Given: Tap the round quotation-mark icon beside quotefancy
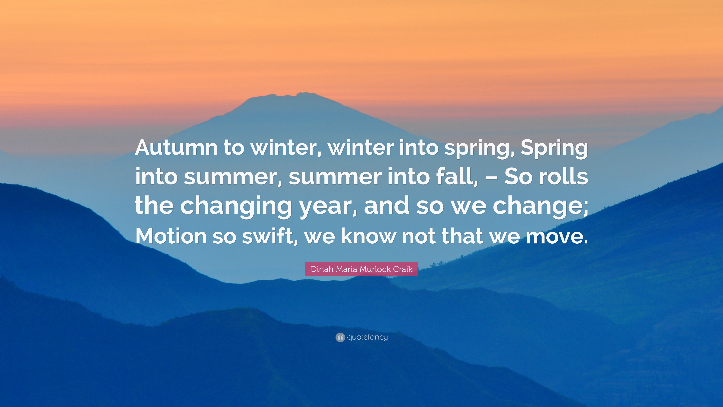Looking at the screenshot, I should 340,337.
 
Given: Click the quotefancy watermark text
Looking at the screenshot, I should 367,337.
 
